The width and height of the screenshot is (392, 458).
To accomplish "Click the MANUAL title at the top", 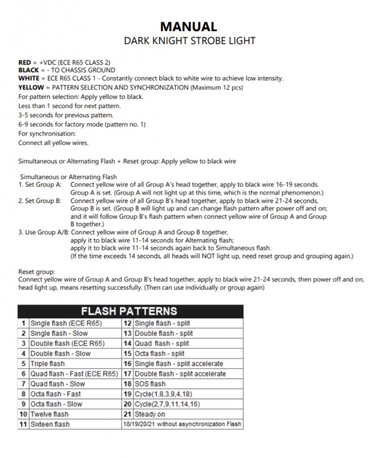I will click(x=189, y=27).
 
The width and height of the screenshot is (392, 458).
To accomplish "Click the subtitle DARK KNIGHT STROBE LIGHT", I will click(x=190, y=41).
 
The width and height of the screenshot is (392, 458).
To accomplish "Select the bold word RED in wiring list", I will click(x=24, y=62).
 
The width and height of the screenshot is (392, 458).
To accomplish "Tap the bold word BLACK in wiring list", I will click(x=28, y=70).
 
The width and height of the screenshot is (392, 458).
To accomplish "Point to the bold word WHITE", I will click(x=29, y=78).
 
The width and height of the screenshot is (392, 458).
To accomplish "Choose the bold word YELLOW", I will click(x=31, y=87).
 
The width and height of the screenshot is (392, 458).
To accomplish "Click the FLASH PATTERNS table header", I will click(x=129, y=311).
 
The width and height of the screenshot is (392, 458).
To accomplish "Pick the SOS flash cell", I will click(x=150, y=384).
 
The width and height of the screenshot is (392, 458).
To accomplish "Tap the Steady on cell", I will click(x=150, y=414).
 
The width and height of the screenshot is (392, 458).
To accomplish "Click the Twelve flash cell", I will click(x=49, y=414).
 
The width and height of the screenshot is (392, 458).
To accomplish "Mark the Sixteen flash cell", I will click(x=50, y=424).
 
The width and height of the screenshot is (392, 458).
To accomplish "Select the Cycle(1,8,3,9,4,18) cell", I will click(x=163, y=394).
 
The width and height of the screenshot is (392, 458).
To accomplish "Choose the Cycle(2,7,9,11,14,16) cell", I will click(x=167, y=404).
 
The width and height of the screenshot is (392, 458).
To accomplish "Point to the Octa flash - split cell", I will click(x=160, y=353).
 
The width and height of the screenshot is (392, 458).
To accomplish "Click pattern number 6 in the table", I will click(x=24, y=374).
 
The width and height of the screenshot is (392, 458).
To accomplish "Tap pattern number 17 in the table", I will click(x=127, y=374).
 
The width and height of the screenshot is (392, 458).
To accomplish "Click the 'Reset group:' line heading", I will click(x=36, y=272).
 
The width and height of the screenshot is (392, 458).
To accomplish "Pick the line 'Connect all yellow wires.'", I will click(x=53, y=143).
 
